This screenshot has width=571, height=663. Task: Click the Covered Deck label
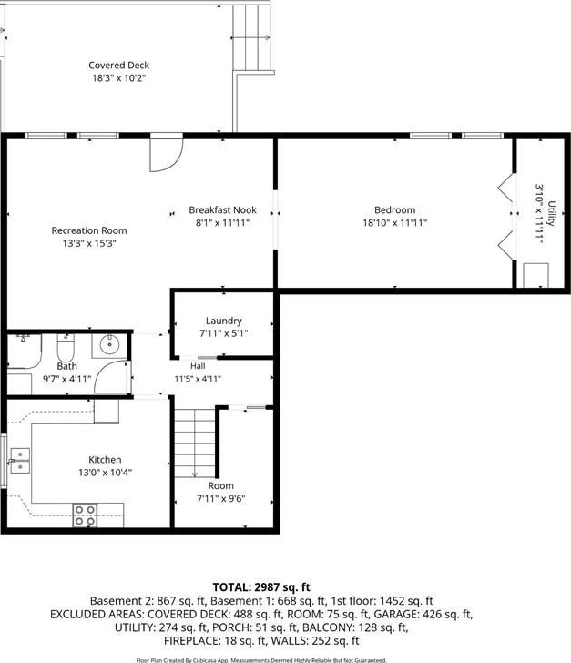[119, 66]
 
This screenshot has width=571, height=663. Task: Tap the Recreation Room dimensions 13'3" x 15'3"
[89, 243]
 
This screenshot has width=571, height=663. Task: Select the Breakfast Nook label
[222, 209]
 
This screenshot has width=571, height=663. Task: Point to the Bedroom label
[394, 209]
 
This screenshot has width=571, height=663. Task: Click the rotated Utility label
[551, 213]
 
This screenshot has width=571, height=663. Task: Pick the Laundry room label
[224, 321]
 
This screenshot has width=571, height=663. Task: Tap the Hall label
[198, 366]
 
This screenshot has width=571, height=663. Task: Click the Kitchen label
[105, 460]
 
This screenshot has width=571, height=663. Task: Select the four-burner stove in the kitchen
[85, 515]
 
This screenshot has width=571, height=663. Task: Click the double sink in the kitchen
[20, 461]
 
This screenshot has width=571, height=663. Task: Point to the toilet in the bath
[66, 348]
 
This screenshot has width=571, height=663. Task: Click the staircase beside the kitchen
[195, 443]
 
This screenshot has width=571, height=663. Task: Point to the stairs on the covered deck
[251, 38]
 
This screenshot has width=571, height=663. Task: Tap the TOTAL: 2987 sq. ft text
[261, 586]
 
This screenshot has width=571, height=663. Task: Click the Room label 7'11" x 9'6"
[220, 492]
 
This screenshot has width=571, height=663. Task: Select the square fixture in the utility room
[536, 275]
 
